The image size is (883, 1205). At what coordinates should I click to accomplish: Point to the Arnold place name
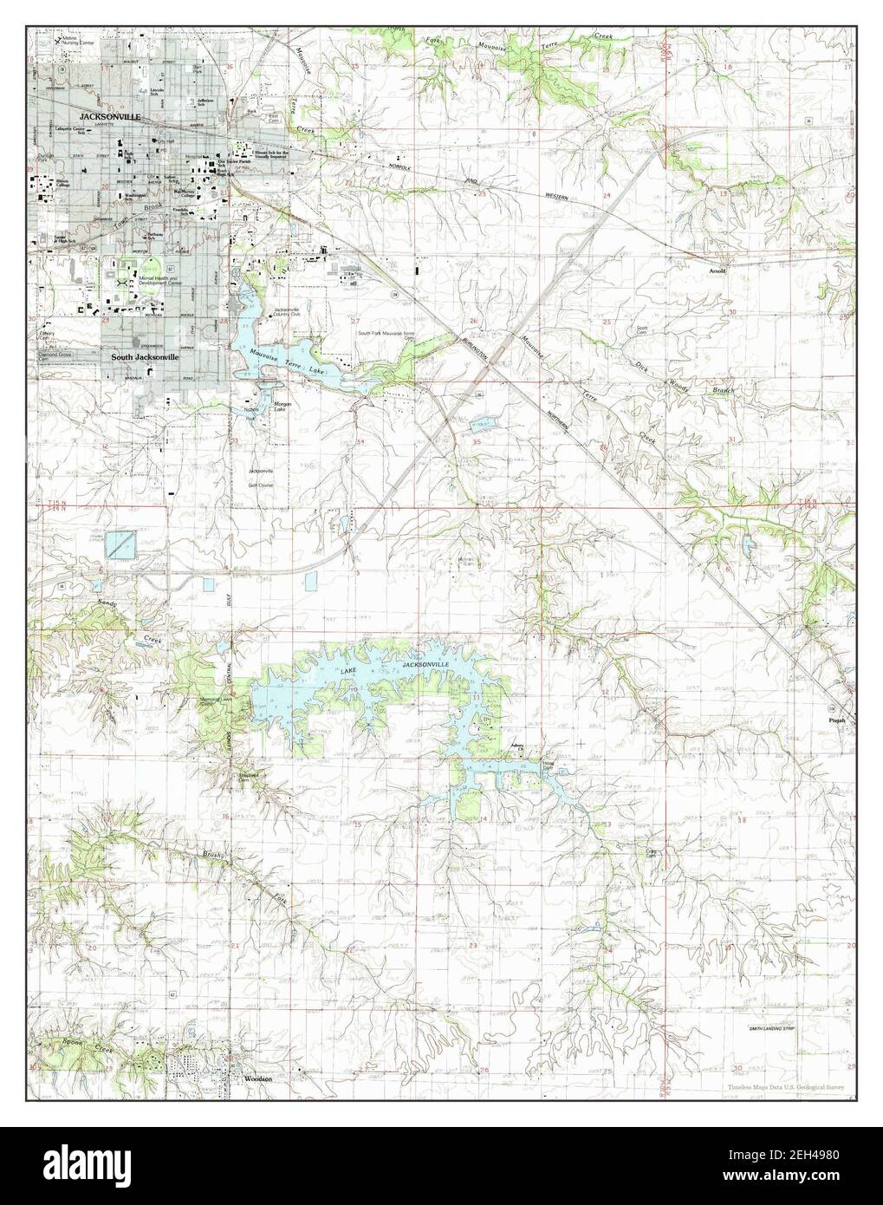(x=717, y=270)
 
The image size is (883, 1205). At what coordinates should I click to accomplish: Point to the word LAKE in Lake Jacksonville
(x=347, y=671)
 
